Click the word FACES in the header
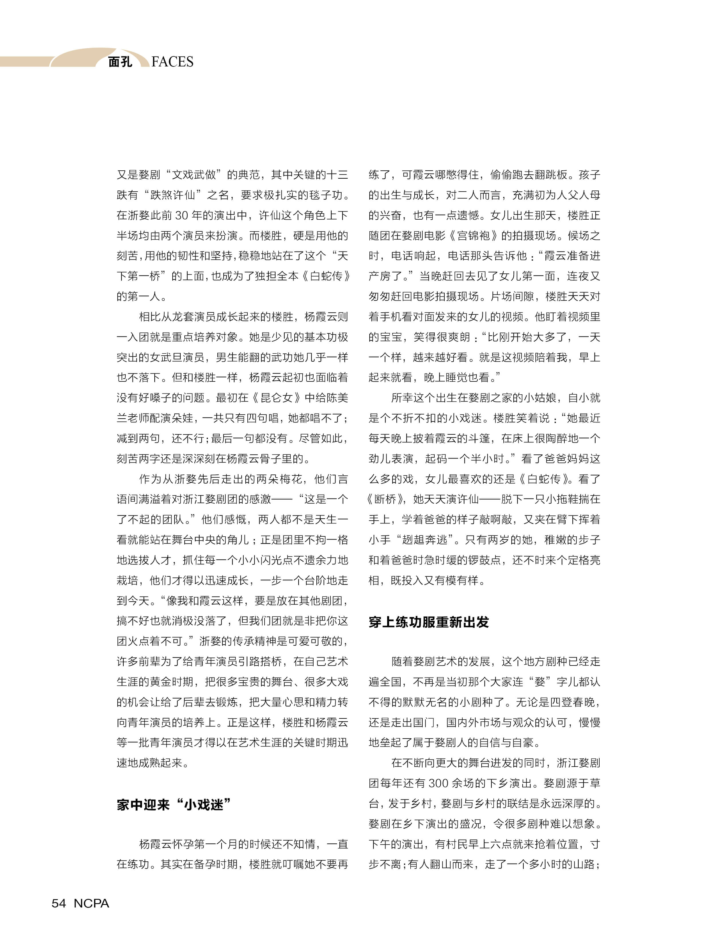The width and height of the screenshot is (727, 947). pyautogui.click(x=172, y=62)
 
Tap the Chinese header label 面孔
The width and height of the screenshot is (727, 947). pyautogui.click(x=120, y=62)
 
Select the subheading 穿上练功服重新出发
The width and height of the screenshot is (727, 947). pyautogui.click(x=428, y=622)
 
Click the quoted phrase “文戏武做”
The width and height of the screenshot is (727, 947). pyautogui.click(x=195, y=174)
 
